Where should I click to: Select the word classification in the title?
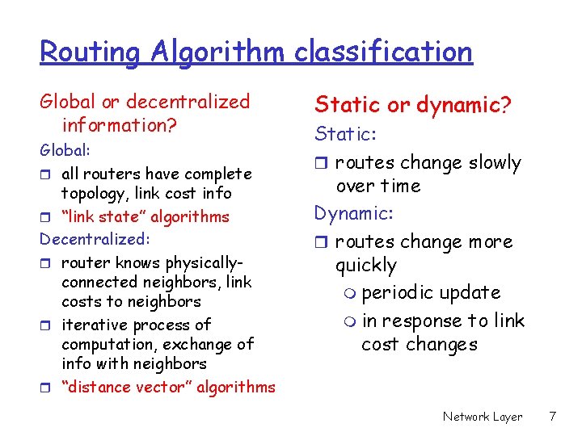point(382,52)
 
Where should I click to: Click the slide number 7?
point(551,417)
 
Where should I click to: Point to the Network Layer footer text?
point(483,417)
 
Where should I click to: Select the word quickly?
point(366,266)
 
